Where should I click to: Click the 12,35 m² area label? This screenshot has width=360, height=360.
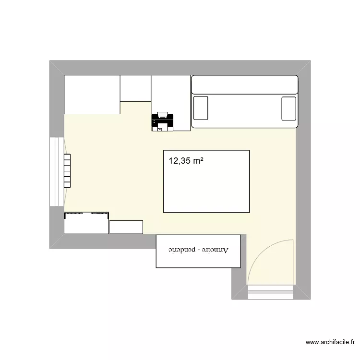185,161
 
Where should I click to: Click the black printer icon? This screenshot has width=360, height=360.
162,122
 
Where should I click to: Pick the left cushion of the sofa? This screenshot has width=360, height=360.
201,108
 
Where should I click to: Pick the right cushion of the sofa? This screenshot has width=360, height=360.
288,108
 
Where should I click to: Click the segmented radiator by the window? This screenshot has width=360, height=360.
67,170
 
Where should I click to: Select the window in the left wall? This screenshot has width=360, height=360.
57,171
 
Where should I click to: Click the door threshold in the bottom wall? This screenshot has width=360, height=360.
270,292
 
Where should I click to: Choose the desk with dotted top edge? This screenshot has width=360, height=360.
86,223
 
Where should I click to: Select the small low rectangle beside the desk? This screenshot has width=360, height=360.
126,227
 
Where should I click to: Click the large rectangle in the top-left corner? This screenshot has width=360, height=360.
92,95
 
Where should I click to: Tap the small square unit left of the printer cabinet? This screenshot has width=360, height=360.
136,88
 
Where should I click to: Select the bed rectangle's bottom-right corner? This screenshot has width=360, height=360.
249,212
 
